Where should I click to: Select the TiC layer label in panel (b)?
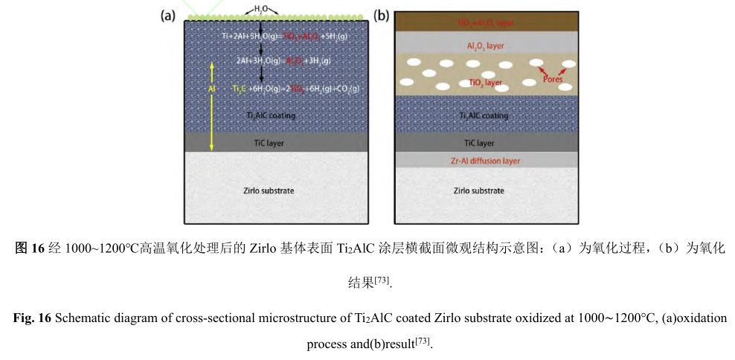[x=479, y=142]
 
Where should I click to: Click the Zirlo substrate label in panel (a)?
[x=269, y=190]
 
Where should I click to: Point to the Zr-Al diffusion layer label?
[x=485, y=161]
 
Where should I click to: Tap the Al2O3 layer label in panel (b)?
[x=485, y=46]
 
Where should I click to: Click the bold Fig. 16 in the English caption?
[x=32, y=318]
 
